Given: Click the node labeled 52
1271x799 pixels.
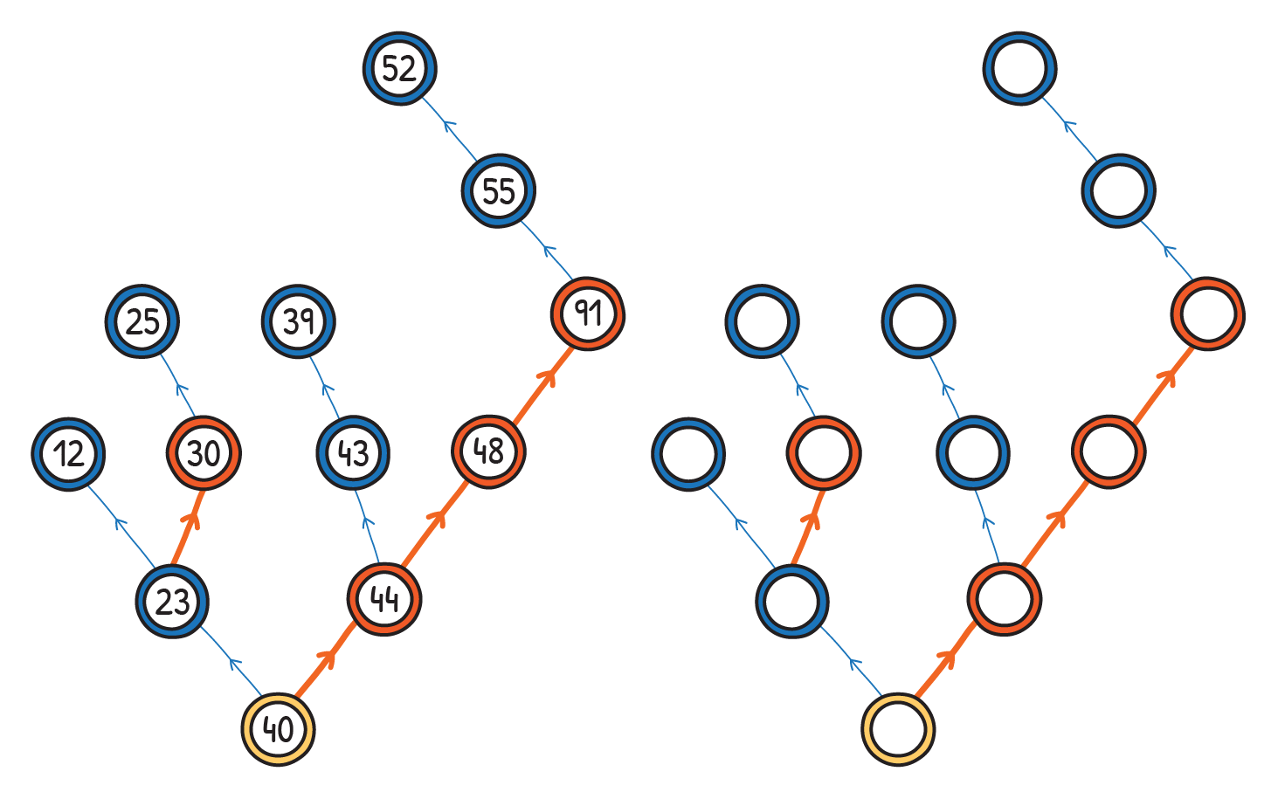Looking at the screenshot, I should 399,68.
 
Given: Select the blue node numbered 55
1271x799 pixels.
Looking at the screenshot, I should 498,190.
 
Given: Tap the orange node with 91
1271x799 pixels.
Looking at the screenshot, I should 588,313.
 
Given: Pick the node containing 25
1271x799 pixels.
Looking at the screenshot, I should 142,320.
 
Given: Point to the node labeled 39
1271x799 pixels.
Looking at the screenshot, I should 299,320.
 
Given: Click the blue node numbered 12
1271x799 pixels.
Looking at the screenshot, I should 68,454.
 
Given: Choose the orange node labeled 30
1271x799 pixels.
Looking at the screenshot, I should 204,453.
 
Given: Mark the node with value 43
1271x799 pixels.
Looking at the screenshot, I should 353,453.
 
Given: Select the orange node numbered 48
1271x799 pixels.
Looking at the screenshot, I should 488,451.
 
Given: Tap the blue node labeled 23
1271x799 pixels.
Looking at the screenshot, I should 172,601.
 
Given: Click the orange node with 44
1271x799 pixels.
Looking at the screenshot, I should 384,599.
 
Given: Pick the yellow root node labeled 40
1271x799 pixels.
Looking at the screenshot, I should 279,728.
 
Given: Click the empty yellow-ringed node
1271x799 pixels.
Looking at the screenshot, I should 898,729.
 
